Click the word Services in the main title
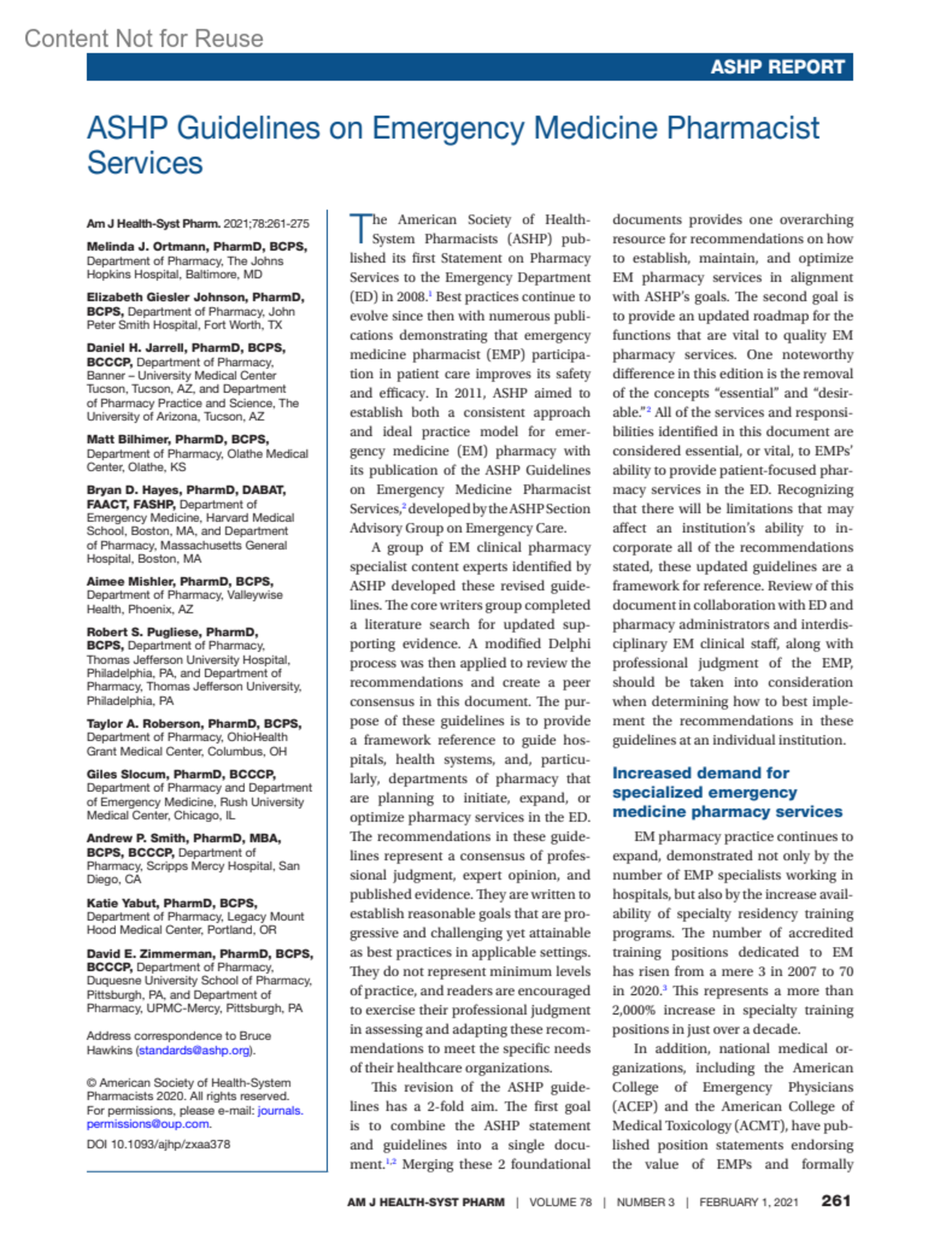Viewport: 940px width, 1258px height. click(145, 163)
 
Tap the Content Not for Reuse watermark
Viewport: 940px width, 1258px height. click(143, 38)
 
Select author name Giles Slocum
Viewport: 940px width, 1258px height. click(126, 774)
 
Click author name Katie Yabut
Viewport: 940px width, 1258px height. click(121, 902)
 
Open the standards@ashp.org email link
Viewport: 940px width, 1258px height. click(195, 1050)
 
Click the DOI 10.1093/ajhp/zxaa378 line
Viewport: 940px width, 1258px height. click(158, 1144)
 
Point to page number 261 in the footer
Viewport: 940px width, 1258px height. click(836, 1200)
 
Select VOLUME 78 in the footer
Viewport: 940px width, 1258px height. click(560, 1202)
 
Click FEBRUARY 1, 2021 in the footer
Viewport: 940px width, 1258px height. click(748, 1202)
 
